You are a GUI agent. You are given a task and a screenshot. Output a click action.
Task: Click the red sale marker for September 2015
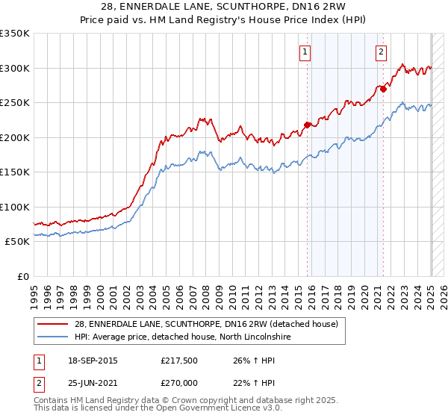coord(307,125)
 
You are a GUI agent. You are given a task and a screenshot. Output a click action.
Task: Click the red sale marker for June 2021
coord(383,89)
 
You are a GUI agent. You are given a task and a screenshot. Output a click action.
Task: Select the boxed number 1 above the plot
coord(306,52)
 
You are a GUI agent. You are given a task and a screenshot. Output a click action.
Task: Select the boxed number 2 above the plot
coord(381,52)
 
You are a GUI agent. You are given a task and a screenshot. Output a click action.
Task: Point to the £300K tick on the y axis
coord(15,68)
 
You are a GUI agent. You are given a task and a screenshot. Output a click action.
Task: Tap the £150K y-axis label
coord(15,172)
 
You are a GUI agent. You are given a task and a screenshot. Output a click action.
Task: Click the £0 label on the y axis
coord(22,276)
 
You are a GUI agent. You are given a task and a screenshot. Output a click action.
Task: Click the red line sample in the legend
coord(53,324)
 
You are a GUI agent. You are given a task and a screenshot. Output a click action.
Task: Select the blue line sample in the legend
coord(53,337)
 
